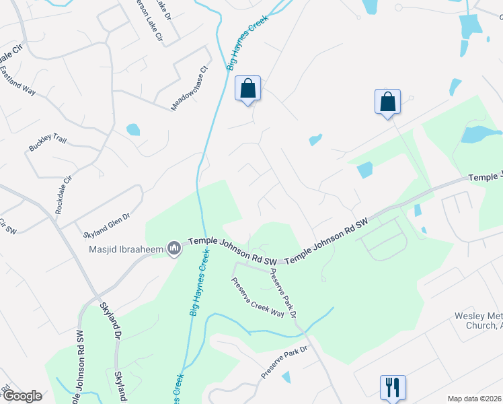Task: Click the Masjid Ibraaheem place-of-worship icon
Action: click(175, 249)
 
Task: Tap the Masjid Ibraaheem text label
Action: click(126, 249)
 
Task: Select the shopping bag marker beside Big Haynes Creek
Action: click(247, 88)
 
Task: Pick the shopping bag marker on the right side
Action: click(388, 102)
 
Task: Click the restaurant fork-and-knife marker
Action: click(392, 386)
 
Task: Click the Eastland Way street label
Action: click(17, 80)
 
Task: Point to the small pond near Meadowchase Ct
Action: click(133, 129)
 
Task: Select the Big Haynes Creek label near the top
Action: click(247, 42)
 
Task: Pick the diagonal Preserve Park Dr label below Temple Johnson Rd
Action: click(283, 293)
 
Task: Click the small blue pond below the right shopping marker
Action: click(315, 141)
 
